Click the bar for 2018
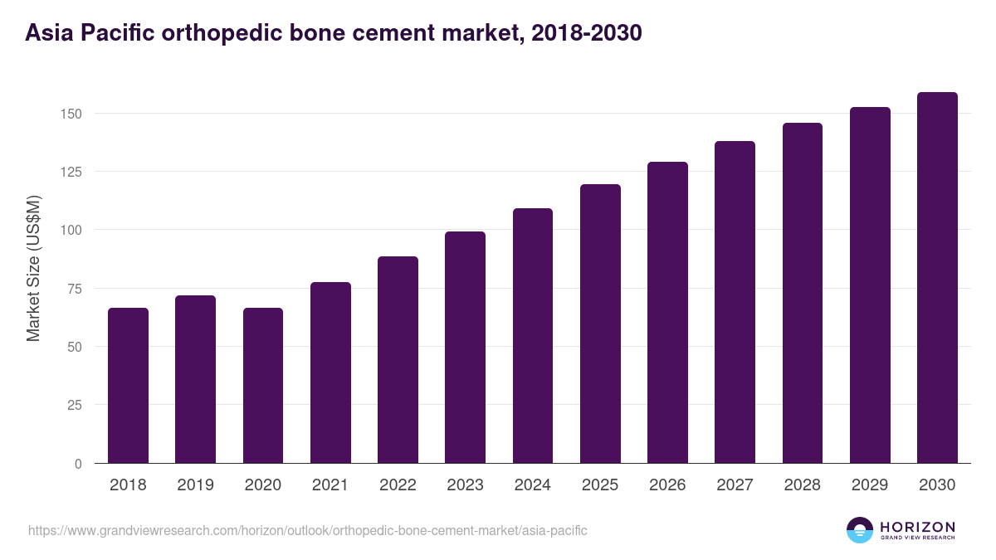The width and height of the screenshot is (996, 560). [128, 386]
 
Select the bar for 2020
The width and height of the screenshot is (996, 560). [263, 386]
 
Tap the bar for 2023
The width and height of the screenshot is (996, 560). [465, 348]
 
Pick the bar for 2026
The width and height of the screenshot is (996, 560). [667, 313]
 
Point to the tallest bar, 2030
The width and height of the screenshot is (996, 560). [937, 278]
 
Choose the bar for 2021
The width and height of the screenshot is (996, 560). [330, 373]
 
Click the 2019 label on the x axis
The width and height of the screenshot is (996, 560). [195, 485]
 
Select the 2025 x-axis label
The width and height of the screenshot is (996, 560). [600, 485]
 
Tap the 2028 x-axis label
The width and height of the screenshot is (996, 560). [803, 485]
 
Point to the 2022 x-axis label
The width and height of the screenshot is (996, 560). [398, 485]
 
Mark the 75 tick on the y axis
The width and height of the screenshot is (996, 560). [74, 289]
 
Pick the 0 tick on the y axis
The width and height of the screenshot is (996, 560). [78, 464]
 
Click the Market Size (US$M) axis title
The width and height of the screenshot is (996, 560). [33, 268]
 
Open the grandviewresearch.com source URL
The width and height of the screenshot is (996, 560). [307, 530]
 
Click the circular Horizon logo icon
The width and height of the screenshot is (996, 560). [860, 530]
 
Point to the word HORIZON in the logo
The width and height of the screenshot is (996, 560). [917, 526]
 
